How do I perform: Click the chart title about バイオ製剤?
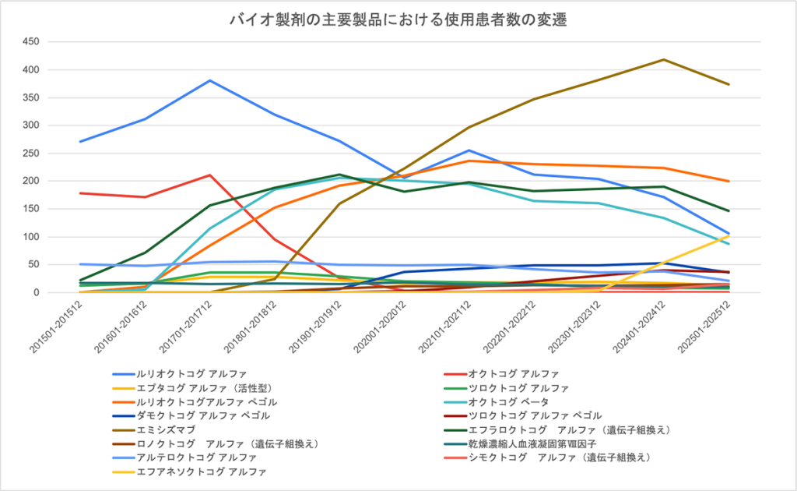click(x=398, y=20)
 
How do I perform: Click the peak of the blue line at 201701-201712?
click(x=209, y=80)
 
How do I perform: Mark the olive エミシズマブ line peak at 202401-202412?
click(x=663, y=59)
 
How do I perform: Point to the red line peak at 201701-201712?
click(x=209, y=175)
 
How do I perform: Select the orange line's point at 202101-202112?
click(x=469, y=161)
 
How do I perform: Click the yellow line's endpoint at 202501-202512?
click(x=728, y=235)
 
